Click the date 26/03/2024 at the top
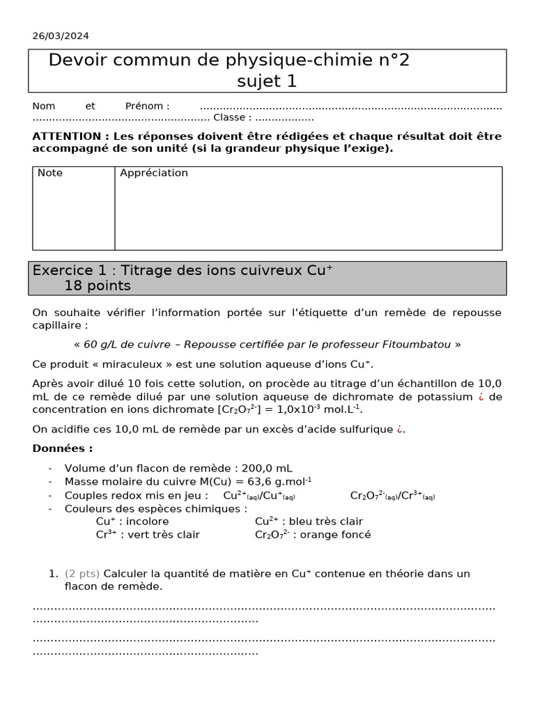point(61,36)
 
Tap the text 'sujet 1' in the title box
point(267,81)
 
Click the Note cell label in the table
point(50,173)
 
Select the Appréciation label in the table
point(154,173)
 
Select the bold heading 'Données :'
point(63,449)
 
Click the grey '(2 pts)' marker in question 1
point(82,574)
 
